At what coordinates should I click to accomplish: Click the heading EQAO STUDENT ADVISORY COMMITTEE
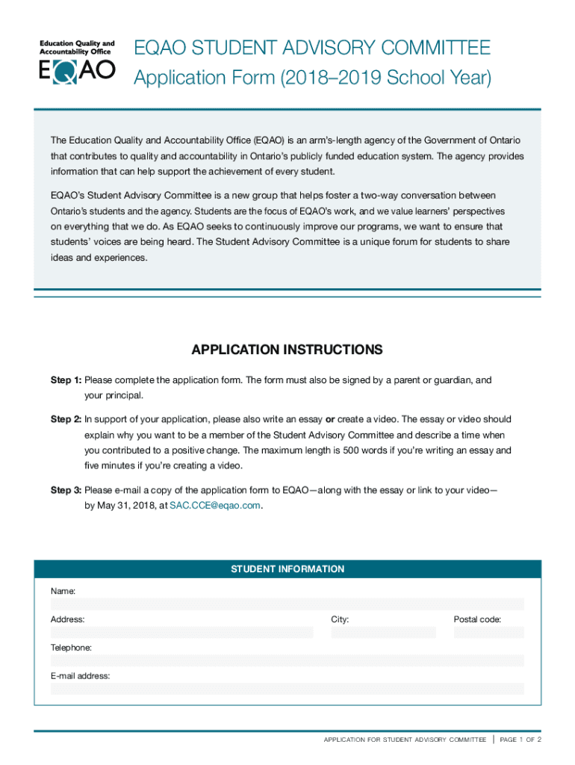(x=311, y=49)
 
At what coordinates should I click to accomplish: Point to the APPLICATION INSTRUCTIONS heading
(x=287, y=350)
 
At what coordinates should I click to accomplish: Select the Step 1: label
(x=66, y=380)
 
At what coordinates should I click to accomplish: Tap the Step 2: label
(x=66, y=419)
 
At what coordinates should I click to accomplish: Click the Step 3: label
(x=66, y=490)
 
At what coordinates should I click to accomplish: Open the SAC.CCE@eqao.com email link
(x=215, y=505)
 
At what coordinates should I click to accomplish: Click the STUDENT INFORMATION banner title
(x=287, y=569)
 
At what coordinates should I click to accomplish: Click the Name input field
(x=287, y=604)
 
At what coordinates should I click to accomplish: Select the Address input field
(x=181, y=633)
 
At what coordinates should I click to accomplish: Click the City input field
(x=383, y=633)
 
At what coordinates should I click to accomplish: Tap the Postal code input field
(x=488, y=633)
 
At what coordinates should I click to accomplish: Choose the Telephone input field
(x=287, y=660)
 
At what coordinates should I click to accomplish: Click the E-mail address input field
(x=287, y=689)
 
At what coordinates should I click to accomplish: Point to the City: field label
(x=340, y=619)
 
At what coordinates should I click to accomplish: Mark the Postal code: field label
(x=477, y=619)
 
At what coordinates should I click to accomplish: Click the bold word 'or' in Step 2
(x=329, y=419)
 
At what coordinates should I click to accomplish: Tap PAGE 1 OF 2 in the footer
(x=520, y=740)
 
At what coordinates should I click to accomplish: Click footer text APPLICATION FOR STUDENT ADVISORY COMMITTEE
(x=405, y=740)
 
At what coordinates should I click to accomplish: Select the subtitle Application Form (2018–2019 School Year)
(x=312, y=78)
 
